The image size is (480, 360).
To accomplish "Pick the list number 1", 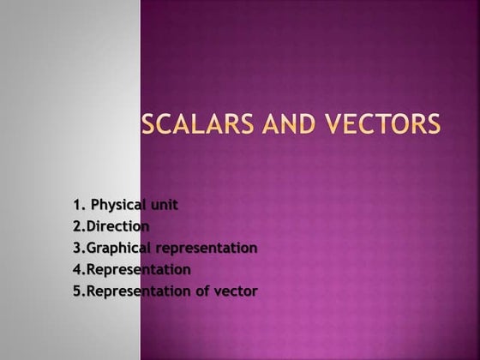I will tap(77, 205).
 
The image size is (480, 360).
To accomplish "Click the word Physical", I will tap(119, 205).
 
